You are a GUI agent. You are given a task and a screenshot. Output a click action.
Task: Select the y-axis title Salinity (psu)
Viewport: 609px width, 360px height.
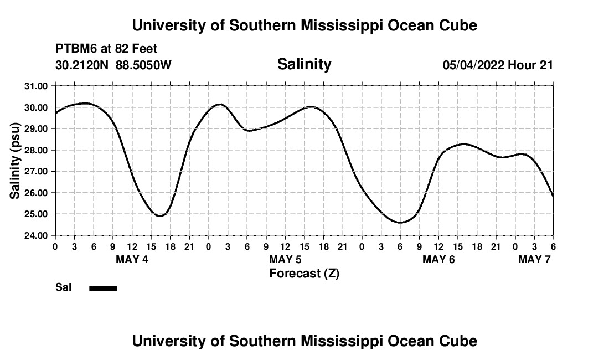[15, 161]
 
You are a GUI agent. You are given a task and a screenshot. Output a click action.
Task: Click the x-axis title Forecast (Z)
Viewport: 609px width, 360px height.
[304, 273]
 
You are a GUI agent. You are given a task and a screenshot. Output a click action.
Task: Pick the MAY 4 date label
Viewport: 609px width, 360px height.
[132, 259]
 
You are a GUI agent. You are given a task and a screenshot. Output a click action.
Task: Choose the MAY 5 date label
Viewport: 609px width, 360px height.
[285, 259]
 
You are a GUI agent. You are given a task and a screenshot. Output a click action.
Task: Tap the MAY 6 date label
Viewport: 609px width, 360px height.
[438, 259]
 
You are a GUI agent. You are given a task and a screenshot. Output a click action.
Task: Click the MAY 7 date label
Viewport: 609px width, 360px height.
[534, 259]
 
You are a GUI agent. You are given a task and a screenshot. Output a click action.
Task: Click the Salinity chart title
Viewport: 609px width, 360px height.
[304, 64]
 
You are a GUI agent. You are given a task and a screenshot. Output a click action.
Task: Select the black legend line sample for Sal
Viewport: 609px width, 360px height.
[103, 288]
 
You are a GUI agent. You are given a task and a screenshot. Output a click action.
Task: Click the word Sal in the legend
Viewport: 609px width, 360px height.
[63, 287]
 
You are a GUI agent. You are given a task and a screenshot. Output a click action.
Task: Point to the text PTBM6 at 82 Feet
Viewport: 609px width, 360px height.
[106, 49]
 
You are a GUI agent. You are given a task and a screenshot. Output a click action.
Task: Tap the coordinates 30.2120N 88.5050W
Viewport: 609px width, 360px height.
[113, 65]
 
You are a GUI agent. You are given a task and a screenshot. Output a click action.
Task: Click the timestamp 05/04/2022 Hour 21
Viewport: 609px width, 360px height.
[498, 65]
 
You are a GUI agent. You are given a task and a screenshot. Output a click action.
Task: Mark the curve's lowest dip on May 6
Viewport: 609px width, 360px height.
[400, 223]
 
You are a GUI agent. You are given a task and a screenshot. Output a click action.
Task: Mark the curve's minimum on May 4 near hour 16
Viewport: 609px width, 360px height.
[161, 215]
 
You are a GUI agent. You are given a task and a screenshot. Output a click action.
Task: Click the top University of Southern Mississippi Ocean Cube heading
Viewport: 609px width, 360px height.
[304, 25]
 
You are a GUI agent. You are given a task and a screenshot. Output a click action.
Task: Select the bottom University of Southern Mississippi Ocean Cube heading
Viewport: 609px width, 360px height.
[304, 341]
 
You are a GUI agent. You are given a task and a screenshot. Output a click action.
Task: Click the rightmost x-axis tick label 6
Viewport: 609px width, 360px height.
[553, 246]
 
